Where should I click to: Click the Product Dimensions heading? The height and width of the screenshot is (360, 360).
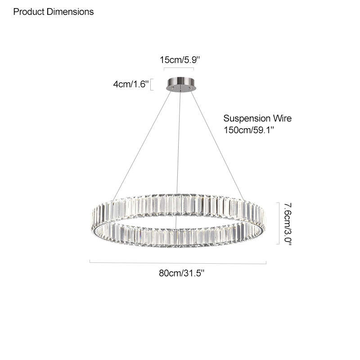pyautogui.click(x=54, y=12)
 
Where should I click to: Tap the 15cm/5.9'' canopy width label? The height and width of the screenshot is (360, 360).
pyautogui.click(x=179, y=59)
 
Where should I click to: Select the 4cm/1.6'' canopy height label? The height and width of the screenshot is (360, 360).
pyautogui.click(x=130, y=84)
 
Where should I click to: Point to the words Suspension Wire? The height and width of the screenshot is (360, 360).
pyautogui.click(x=257, y=119)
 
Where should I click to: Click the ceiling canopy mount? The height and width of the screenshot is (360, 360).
pyautogui.click(x=180, y=84)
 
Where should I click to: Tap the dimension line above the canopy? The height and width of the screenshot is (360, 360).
pyautogui.click(x=179, y=69)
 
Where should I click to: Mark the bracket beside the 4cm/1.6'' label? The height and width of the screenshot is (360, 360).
pyautogui.click(x=152, y=85)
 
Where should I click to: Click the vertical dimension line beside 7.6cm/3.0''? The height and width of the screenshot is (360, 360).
pyautogui.click(x=278, y=223)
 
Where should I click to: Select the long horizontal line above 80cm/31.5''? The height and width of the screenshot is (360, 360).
pyautogui.click(x=178, y=262)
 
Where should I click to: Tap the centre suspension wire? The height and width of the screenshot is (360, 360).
pyautogui.click(x=179, y=144)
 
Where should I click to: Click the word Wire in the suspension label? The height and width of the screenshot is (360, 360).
pyautogui.click(x=282, y=119)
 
